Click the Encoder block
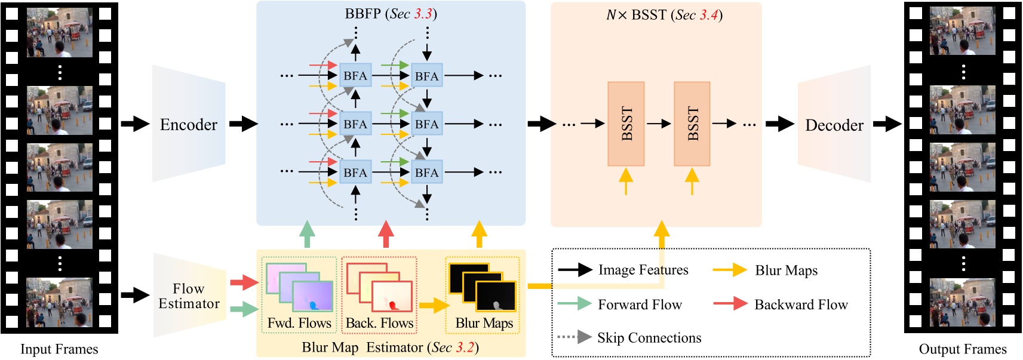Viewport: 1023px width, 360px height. (x=189, y=124)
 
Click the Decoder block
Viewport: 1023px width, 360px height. (x=834, y=125)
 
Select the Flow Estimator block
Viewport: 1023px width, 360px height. (x=189, y=296)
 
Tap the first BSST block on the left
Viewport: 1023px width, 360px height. (x=626, y=124)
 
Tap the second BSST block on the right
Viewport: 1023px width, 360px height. (x=692, y=124)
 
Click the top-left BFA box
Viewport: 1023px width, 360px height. (x=355, y=76)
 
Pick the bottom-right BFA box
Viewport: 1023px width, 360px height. (x=426, y=173)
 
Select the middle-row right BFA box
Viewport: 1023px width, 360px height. (x=426, y=124)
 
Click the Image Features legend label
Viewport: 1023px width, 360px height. (x=643, y=270)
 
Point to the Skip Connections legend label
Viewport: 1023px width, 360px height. (x=649, y=338)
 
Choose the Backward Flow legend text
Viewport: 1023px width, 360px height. (x=801, y=304)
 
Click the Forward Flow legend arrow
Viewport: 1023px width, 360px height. (x=575, y=304)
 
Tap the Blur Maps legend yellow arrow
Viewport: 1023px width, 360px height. (x=730, y=270)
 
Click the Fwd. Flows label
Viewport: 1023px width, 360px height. (x=299, y=323)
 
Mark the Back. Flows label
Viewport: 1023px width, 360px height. (x=379, y=323)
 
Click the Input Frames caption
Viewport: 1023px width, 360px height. (x=59, y=349)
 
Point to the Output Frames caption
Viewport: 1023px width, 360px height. (x=962, y=349)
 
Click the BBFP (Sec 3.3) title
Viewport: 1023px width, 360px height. (x=391, y=14)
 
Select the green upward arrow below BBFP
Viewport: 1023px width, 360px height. (x=307, y=234)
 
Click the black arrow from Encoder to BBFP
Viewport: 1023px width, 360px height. (x=243, y=124)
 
